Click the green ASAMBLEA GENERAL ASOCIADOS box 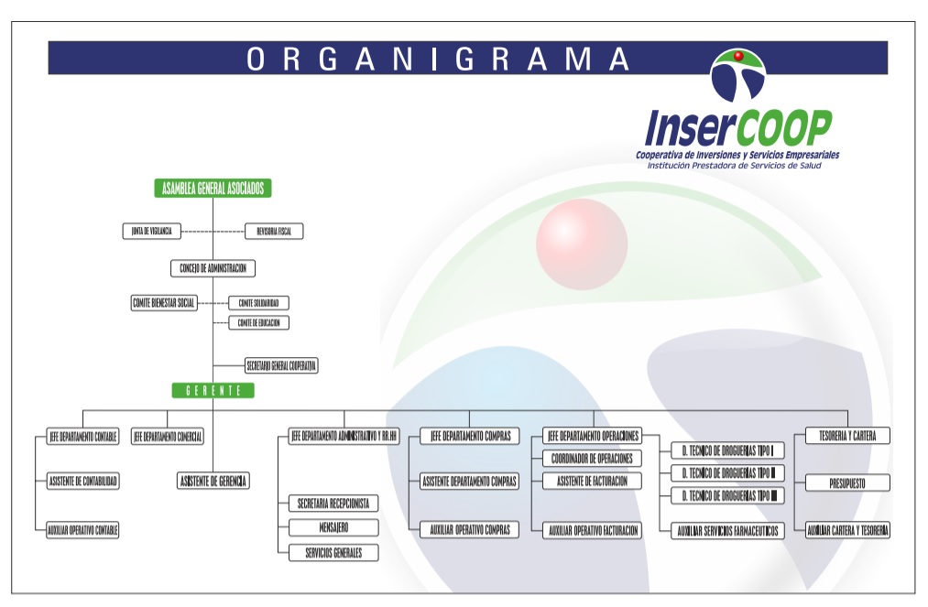(x=213, y=188)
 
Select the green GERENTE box (x=213, y=390)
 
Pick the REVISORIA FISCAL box (x=274, y=232)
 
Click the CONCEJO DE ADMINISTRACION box (x=213, y=268)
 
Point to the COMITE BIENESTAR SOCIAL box (x=164, y=302)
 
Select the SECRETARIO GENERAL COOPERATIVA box (x=281, y=365)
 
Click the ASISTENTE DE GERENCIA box (x=213, y=481)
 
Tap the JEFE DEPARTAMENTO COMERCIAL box (x=168, y=437)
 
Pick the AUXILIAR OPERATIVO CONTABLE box (x=83, y=530)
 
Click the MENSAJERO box (x=333, y=527)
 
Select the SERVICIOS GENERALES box (x=333, y=552)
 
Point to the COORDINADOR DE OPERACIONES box (x=592, y=458)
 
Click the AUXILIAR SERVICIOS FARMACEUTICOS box (x=727, y=531)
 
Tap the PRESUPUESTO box (x=846, y=482)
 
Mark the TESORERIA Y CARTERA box (x=846, y=437)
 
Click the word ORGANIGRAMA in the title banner (x=439, y=59)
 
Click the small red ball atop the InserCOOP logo (x=737, y=59)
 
